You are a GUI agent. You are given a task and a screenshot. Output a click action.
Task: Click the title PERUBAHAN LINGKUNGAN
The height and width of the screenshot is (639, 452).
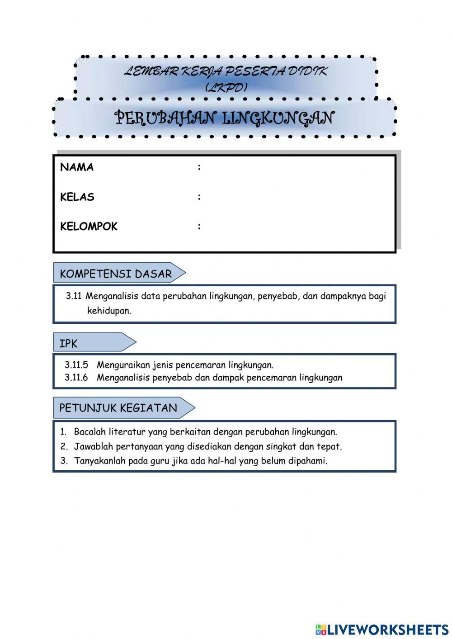tap(224, 118)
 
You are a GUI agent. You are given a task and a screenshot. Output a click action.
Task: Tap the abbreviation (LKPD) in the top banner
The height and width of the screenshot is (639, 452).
tap(226, 87)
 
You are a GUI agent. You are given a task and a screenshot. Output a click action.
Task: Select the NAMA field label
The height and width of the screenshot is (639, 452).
tap(77, 167)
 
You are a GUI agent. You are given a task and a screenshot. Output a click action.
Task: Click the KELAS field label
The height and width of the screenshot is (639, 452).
tap(77, 197)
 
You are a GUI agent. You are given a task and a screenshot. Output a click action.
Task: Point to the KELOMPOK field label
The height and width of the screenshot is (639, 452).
tap(89, 227)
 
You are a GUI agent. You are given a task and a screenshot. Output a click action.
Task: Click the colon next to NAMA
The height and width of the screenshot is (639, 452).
tap(199, 167)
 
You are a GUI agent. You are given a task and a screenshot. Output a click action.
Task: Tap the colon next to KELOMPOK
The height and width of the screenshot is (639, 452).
tap(199, 227)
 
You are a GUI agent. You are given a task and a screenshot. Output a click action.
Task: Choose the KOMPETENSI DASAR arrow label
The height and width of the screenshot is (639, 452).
tap(116, 274)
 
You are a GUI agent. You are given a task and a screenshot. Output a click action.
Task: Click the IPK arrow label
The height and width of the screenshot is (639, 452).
tap(69, 344)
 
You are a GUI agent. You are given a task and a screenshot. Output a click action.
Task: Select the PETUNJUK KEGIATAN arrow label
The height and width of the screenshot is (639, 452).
tap(118, 408)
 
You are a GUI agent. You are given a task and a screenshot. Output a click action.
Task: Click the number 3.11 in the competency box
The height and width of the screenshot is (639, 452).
tap(74, 296)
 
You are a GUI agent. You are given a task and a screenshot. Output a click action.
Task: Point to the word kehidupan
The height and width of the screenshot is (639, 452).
tap(109, 311)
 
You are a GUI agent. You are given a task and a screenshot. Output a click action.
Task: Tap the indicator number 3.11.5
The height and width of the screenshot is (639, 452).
tap(76, 365)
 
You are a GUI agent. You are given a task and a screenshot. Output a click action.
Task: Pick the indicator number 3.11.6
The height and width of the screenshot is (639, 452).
tap(76, 378)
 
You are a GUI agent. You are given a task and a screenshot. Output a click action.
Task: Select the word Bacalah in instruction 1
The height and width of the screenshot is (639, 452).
tap(90, 432)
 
